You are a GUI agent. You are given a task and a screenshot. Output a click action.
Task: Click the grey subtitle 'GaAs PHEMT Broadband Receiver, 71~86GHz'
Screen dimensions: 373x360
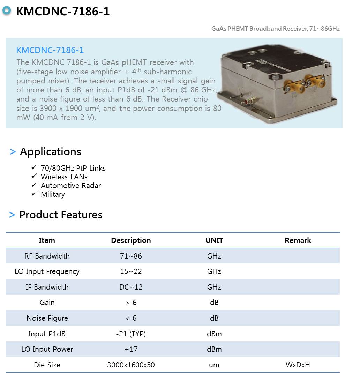tap(275, 29)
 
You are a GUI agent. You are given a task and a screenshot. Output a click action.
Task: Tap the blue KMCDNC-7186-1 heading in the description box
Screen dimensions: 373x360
tap(50, 50)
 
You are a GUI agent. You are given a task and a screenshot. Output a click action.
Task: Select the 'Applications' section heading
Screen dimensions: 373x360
tap(50, 152)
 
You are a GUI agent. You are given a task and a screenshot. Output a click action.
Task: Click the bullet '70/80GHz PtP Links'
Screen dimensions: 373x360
tap(73, 168)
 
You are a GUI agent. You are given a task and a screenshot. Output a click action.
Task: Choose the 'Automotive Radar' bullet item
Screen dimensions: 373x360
tap(70, 186)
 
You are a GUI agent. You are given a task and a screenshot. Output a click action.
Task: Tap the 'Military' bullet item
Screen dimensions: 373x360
tap(53, 194)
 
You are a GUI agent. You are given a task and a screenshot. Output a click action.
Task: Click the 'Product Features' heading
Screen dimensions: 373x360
tap(61, 215)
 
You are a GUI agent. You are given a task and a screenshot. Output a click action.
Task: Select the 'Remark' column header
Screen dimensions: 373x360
tap(298, 240)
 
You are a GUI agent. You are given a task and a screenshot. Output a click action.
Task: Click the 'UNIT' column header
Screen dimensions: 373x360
tap(214, 240)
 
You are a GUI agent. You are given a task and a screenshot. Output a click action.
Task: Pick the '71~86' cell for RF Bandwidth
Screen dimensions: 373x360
tap(131, 256)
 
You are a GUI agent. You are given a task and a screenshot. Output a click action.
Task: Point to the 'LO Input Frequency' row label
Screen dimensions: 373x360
tap(47, 271)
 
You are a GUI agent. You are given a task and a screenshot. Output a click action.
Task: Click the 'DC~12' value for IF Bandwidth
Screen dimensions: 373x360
tap(131, 287)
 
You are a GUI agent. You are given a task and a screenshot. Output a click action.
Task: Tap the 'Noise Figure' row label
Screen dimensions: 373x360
tap(47, 318)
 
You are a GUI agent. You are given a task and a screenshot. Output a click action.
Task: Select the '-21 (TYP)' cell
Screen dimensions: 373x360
tap(131, 334)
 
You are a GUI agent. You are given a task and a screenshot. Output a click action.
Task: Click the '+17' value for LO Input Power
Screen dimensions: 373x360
tap(131, 349)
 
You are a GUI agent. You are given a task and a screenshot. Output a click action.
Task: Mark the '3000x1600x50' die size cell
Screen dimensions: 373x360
tap(131, 365)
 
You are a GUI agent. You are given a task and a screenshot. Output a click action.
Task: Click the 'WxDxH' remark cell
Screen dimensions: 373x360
tap(298, 365)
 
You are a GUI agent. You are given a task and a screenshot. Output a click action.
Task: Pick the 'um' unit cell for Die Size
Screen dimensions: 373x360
tap(214, 365)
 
